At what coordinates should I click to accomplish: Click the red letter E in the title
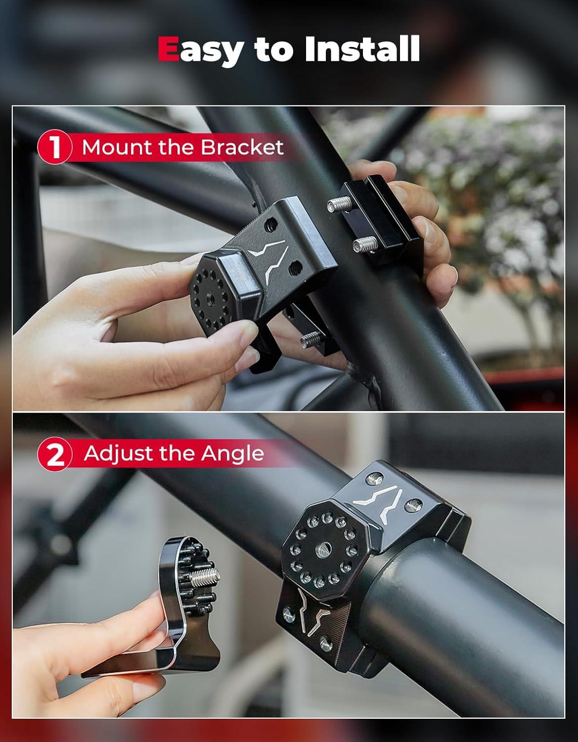click(168, 48)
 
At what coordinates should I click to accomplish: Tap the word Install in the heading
click(362, 48)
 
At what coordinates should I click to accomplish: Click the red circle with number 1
click(54, 148)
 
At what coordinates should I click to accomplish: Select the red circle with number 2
click(54, 454)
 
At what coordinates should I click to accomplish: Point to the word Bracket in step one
click(242, 147)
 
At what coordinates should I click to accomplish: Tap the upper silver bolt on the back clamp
click(339, 204)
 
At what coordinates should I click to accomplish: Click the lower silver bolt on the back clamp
click(365, 244)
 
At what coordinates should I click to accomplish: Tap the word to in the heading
click(273, 50)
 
